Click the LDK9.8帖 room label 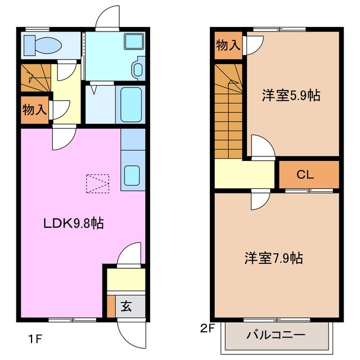(x=73, y=223)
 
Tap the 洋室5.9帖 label (x=291, y=95)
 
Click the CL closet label (x=305, y=175)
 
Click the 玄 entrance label (x=126, y=307)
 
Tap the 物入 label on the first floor (x=34, y=110)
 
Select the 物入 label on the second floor (x=228, y=46)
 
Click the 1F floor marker (x=35, y=339)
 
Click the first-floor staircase (x=35, y=78)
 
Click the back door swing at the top (x=107, y=19)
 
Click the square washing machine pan (x=133, y=43)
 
